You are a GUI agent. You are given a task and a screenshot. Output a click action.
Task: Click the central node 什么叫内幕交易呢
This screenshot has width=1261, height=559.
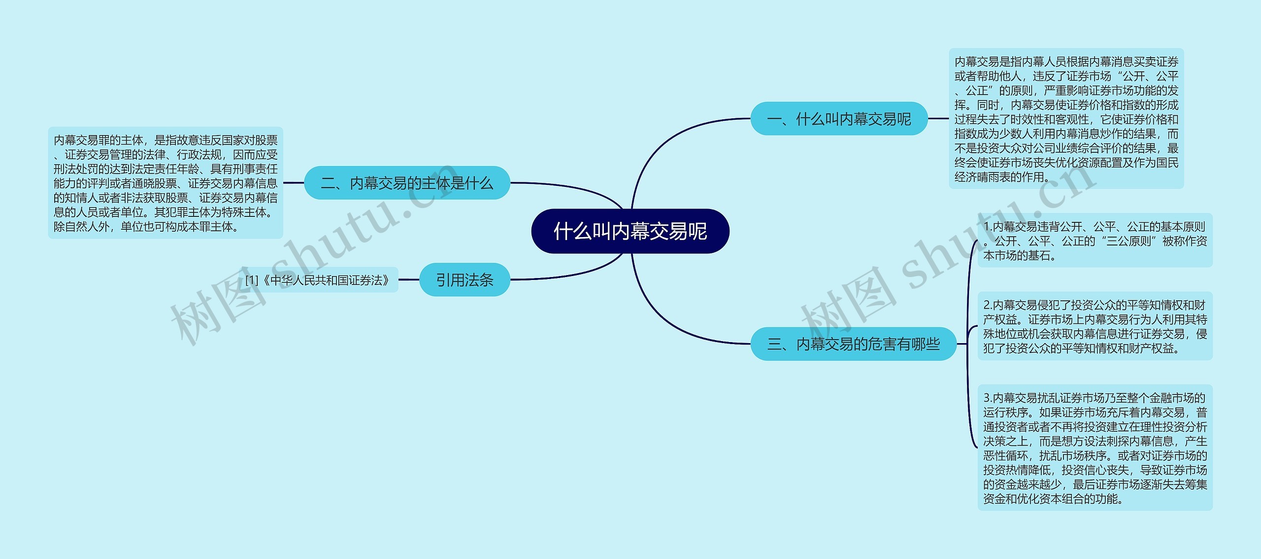(630, 231)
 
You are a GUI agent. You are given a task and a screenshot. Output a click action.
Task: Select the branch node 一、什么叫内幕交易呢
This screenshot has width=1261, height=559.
(838, 119)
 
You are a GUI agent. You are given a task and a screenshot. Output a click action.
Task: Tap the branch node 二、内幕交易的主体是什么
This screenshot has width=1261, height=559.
(406, 183)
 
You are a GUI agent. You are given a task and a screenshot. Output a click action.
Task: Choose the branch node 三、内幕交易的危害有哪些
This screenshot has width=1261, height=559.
(853, 344)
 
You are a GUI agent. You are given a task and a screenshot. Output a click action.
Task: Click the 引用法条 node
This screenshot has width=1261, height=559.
(464, 280)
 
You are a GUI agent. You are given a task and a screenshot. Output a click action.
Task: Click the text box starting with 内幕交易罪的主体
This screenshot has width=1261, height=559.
(166, 183)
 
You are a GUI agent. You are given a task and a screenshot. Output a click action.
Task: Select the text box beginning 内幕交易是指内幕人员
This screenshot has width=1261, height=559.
(1066, 119)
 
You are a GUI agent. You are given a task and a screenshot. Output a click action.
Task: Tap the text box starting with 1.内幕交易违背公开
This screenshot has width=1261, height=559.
(1095, 241)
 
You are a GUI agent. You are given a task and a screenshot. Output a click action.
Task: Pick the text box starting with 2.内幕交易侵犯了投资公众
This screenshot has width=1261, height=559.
(1095, 326)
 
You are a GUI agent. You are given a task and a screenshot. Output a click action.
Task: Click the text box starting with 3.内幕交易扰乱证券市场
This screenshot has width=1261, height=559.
(1095, 448)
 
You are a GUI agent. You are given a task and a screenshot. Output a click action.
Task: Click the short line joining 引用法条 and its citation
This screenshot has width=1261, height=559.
(408, 279)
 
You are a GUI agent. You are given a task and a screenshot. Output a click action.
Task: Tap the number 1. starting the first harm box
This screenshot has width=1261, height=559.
(988, 227)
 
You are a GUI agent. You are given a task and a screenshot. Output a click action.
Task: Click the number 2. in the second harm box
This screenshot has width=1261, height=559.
(988, 305)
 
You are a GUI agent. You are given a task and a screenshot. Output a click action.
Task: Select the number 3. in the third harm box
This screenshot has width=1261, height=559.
(988, 398)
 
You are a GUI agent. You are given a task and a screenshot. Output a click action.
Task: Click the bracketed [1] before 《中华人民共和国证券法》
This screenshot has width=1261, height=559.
(251, 280)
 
